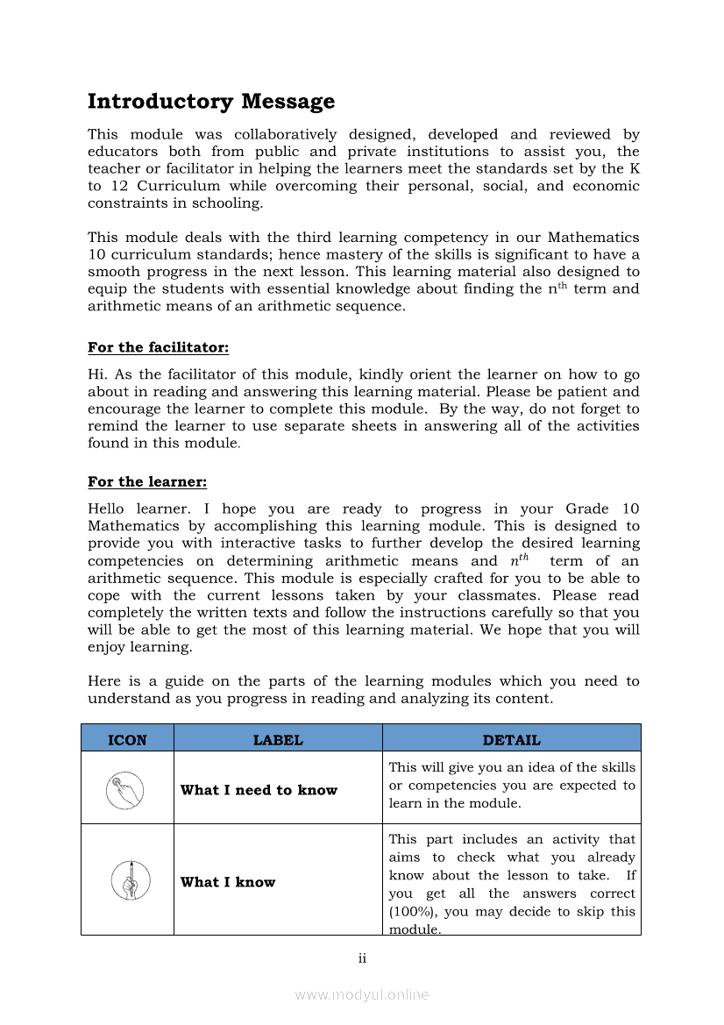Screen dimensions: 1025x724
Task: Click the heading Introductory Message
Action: click(x=211, y=102)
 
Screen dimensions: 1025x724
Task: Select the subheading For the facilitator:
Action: click(x=159, y=348)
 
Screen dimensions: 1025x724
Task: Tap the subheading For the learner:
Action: click(x=147, y=482)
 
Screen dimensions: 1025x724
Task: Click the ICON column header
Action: click(x=127, y=740)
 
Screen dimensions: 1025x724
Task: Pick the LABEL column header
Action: click(x=278, y=740)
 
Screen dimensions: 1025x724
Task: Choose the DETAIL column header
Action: click(x=512, y=740)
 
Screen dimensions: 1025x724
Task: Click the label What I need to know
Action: click(x=259, y=790)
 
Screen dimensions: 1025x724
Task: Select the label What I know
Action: click(x=228, y=882)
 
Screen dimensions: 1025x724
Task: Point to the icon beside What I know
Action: click(x=131, y=880)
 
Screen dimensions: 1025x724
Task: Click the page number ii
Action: click(x=362, y=958)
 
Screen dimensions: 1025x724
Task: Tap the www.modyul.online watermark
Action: click(x=362, y=994)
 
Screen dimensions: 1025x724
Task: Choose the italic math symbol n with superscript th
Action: click(x=519, y=560)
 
